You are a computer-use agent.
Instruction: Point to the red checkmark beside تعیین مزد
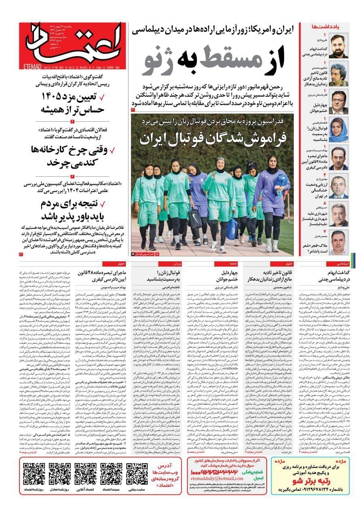(101, 97)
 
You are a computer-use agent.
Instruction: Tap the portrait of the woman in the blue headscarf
(338, 130)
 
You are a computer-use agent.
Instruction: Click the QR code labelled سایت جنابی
(137, 474)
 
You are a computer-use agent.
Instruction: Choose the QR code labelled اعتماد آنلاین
(85, 474)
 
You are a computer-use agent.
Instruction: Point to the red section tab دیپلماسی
(339, 264)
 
